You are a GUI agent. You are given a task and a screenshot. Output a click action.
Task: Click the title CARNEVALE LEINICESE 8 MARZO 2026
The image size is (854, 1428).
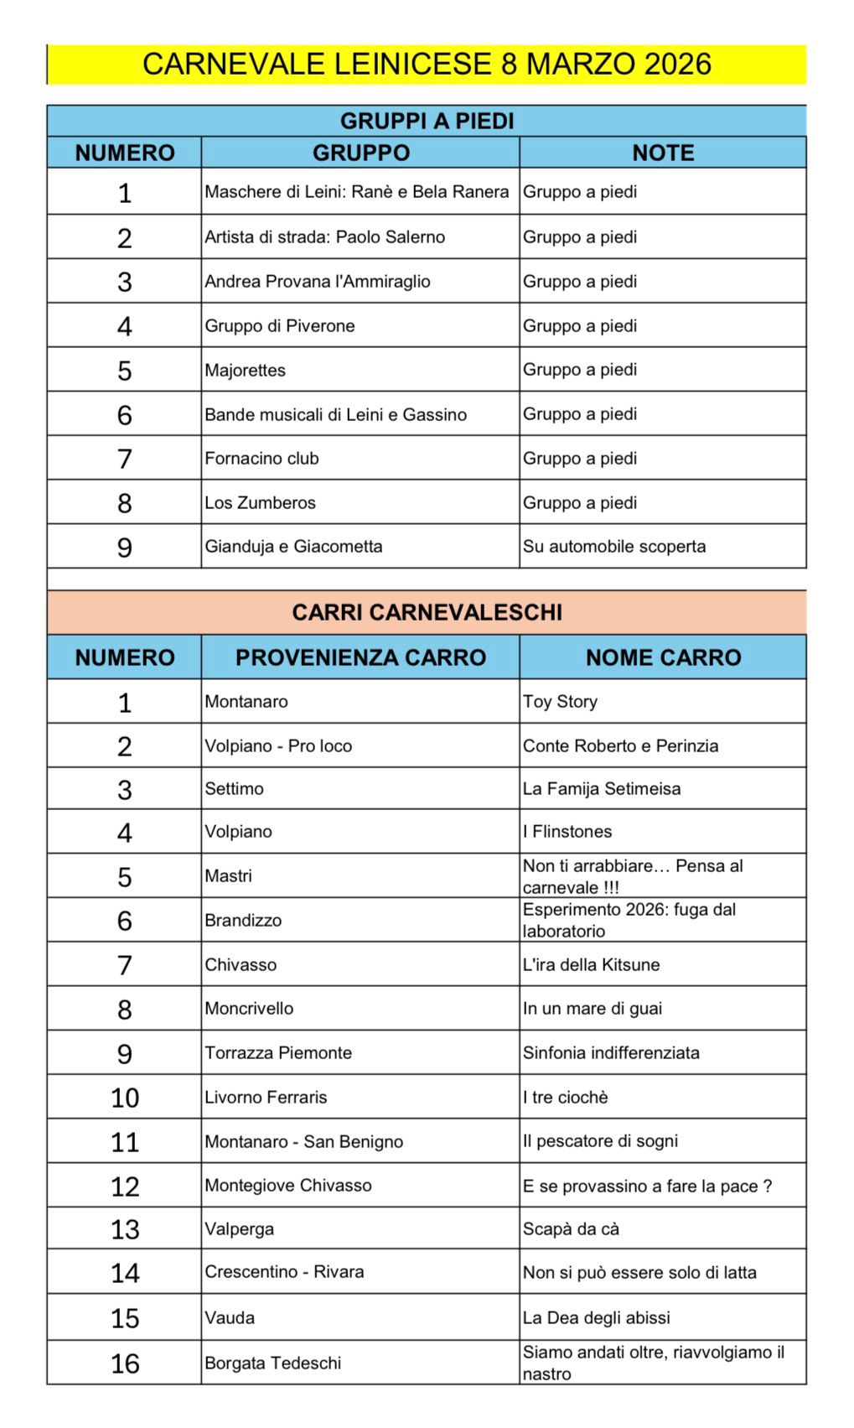tap(427, 65)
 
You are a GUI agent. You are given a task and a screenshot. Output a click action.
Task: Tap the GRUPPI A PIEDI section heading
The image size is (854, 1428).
tap(427, 121)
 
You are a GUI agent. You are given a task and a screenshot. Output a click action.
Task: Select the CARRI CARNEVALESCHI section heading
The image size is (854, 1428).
tap(427, 612)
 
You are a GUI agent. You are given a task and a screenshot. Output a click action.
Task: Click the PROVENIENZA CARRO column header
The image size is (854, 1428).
tap(360, 657)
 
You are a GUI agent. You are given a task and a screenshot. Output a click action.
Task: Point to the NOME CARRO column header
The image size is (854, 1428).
tap(663, 657)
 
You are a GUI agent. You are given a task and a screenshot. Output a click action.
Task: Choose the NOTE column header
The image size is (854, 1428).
tap(663, 153)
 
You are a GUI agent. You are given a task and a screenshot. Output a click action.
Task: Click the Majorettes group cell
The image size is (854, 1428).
tap(246, 370)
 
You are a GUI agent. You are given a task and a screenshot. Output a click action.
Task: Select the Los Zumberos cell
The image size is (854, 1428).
tap(261, 502)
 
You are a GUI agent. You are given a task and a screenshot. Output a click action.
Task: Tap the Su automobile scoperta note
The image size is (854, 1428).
tap(614, 547)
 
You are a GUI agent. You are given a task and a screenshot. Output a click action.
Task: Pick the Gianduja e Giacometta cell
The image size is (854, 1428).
tap(293, 547)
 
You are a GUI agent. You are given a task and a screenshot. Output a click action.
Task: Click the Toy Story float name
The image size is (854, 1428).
tap(560, 702)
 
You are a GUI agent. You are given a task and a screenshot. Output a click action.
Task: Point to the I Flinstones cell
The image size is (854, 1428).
tap(567, 832)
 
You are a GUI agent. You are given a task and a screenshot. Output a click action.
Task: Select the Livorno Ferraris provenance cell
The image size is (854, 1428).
tap(266, 1097)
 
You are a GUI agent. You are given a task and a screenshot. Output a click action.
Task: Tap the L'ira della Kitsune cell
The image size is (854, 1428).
tap(591, 964)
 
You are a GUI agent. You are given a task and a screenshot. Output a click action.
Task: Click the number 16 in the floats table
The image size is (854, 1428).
tap(125, 1363)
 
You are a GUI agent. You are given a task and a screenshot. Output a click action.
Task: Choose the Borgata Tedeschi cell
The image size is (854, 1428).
tap(273, 1363)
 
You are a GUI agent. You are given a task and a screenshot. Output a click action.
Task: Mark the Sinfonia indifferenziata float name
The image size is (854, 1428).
tap(611, 1053)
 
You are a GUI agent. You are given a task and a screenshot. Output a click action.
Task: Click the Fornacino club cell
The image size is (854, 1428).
tap(261, 459)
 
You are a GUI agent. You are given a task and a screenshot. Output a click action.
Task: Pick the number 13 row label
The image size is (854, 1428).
tap(125, 1229)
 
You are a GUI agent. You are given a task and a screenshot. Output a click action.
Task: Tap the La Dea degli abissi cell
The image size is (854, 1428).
tap(596, 1318)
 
